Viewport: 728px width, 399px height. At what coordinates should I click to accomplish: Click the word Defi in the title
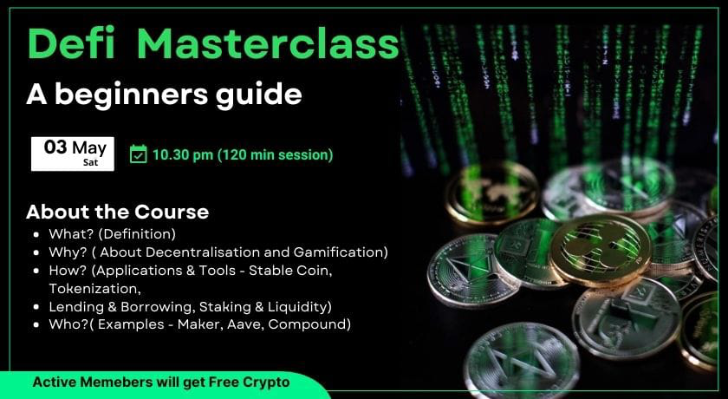[x=71, y=43]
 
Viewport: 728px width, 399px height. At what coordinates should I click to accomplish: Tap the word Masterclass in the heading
[x=268, y=43]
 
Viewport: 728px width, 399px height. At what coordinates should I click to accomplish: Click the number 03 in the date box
[x=55, y=147]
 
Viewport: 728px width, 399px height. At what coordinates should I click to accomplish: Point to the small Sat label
[x=90, y=162]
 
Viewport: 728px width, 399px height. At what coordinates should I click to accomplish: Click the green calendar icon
[x=139, y=154]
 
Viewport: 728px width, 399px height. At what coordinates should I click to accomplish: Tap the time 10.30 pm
[x=183, y=154]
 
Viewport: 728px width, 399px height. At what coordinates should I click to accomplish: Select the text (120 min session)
[x=276, y=154]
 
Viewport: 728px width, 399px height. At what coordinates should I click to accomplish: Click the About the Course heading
[x=118, y=212]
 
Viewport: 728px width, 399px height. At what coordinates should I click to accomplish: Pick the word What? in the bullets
[x=68, y=233]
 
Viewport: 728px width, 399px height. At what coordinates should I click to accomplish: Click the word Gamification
[x=341, y=252]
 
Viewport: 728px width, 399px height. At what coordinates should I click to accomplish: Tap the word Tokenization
[x=94, y=289]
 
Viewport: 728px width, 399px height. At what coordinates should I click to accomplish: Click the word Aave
[x=248, y=324]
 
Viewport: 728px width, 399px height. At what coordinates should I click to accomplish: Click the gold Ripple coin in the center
[x=601, y=250]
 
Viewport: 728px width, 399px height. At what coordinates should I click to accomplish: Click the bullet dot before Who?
[x=36, y=324]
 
